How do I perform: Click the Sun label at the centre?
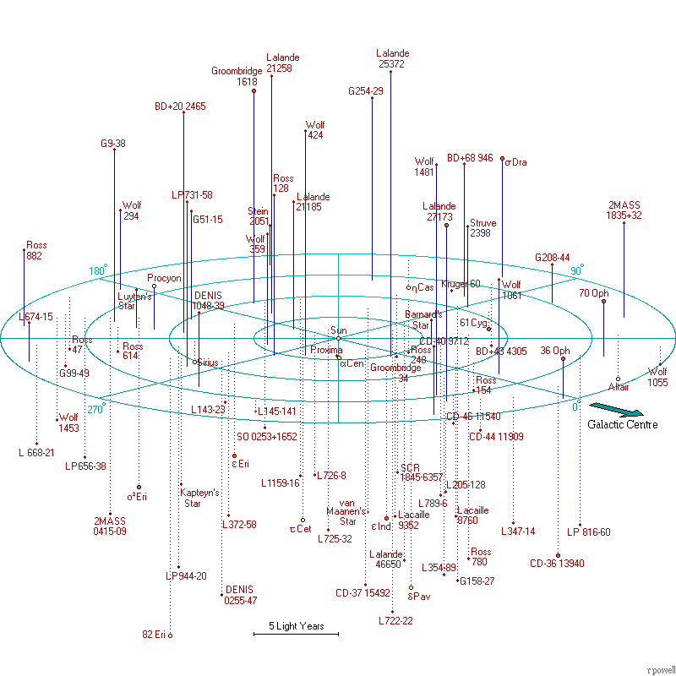[339, 330]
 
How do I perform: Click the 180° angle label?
[98, 271]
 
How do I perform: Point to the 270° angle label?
[96, 409]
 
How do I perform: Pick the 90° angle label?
[576, 270]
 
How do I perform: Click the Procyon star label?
[164, 278]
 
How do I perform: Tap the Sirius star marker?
[194, 362]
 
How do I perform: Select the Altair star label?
[619, 387]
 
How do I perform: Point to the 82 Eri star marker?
[170, 635]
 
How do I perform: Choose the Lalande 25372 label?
[392, 58]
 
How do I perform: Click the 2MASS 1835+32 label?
[624, 210]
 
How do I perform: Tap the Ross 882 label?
[36, 250]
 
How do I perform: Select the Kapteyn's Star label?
[199, 498]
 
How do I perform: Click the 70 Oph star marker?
[603, 302]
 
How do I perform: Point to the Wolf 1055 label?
[657, 377]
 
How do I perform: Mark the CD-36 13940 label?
[557, 564]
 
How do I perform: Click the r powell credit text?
[660, 669]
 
